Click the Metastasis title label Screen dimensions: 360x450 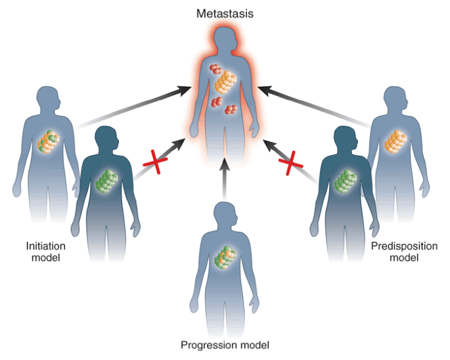[224, 11]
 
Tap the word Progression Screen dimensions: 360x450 [205, 345]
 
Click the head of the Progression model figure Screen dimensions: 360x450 [225, 214]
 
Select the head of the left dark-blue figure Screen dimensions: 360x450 [108, 139]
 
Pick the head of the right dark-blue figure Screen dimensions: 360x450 [341, 139]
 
